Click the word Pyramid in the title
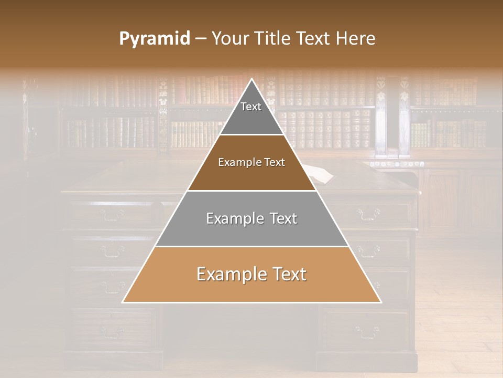[x=154, y=39]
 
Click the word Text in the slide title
[x=314, y=39]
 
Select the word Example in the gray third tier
[x=234, y=218]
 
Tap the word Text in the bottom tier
[x=288, y=274]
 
